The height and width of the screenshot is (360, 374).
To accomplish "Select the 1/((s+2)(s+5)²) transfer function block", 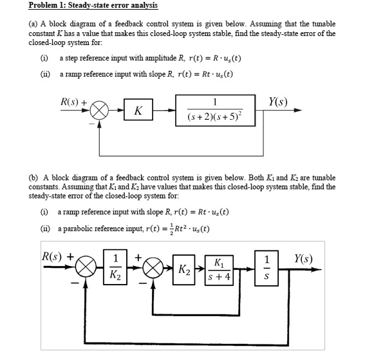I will [214, 109].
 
